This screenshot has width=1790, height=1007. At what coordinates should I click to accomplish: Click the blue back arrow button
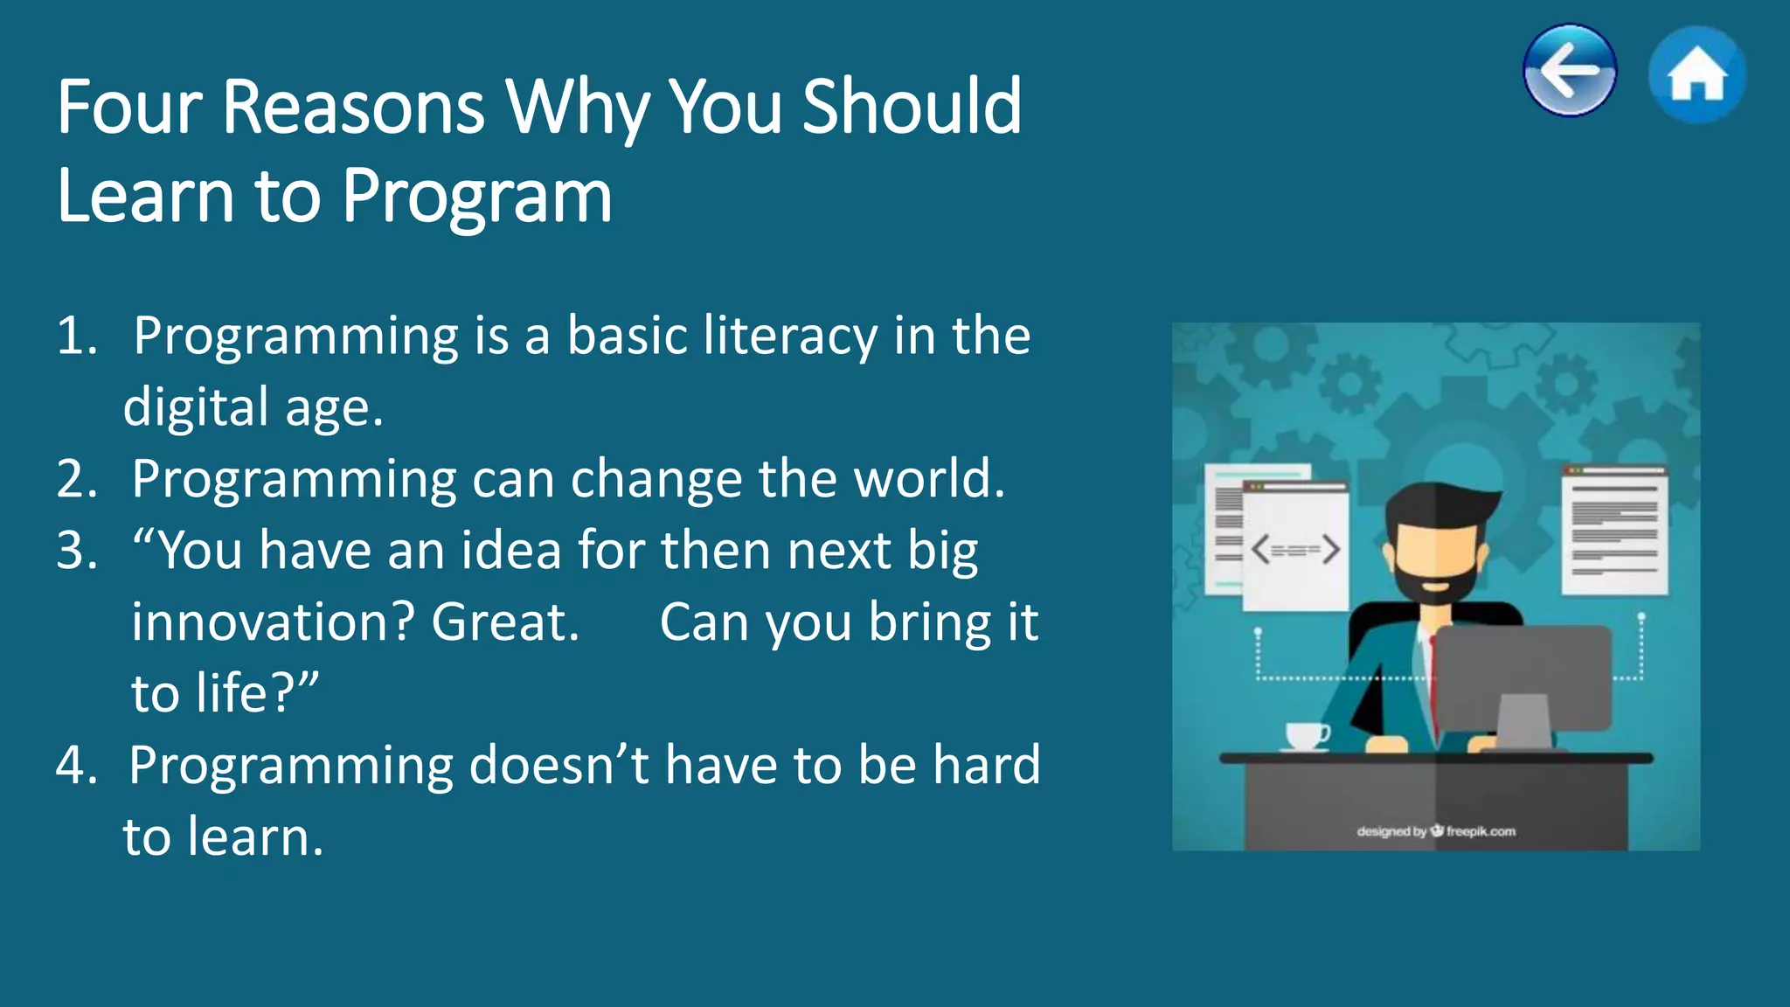pyautogui.click(x=1569, y=70)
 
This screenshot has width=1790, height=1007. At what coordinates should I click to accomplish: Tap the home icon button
pyautogui.click(x=1696, y=74)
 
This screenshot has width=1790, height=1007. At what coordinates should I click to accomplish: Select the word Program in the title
pyautogui.click(x=476, y=197)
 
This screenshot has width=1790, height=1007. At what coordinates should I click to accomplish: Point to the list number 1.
pyautogui.click(x=76, y=336)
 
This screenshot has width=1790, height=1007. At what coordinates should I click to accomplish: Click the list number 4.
pyautogui.click(x=76, y=766)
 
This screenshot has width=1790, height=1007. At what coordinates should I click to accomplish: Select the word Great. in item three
pyautogui.click(x=505, y=623)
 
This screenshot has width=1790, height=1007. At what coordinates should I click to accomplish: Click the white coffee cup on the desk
pyautogui.click(x=1307, y=735)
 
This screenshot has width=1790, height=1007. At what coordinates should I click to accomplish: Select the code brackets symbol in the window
pyautogui.click(x=1295, y=550)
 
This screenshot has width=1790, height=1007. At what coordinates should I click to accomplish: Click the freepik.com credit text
pyautogui.click(x=1480, y=831)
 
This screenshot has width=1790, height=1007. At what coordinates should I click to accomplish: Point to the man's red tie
pyautogui.click(x=1433, y=682)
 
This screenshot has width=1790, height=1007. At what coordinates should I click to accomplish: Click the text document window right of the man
pyautogui.click(x=1614, y=531)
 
